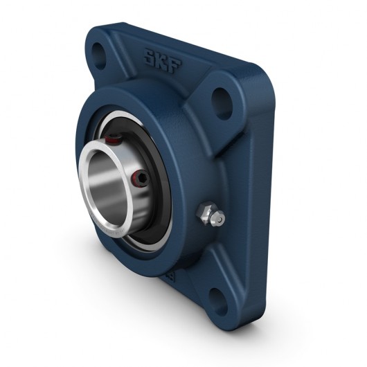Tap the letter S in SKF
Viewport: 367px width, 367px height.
(x=150, y=57)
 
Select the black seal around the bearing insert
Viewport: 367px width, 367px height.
(x=159, y=208)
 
